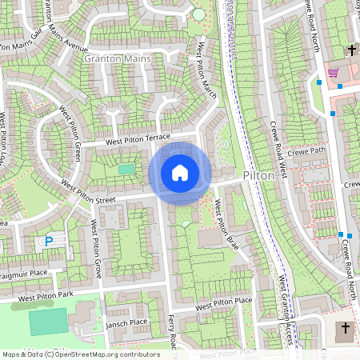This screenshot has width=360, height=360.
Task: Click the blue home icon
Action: [x=180, y=173]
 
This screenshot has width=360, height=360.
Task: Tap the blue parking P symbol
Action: [x=48, y=240]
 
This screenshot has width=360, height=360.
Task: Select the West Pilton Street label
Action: [x=100, y=195]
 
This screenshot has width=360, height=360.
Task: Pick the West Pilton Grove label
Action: [x=95, y=249]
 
